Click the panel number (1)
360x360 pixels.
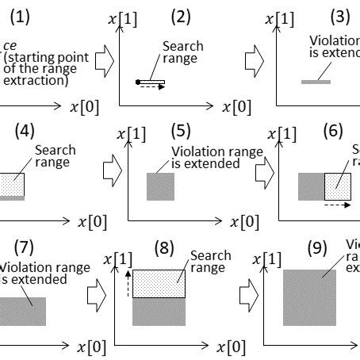pyautogui.click(x=18, y=15)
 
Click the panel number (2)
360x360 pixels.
pyautogui.click(x=182, y=15)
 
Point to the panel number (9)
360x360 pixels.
pyautogui.click(x=318, y=247)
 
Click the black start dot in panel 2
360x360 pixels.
pyautogui.click(x=138, y=81)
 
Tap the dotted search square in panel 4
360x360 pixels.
pyautogui.click(x=11, y=184)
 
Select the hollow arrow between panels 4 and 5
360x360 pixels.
pyautogui.click(x=113, y=168)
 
